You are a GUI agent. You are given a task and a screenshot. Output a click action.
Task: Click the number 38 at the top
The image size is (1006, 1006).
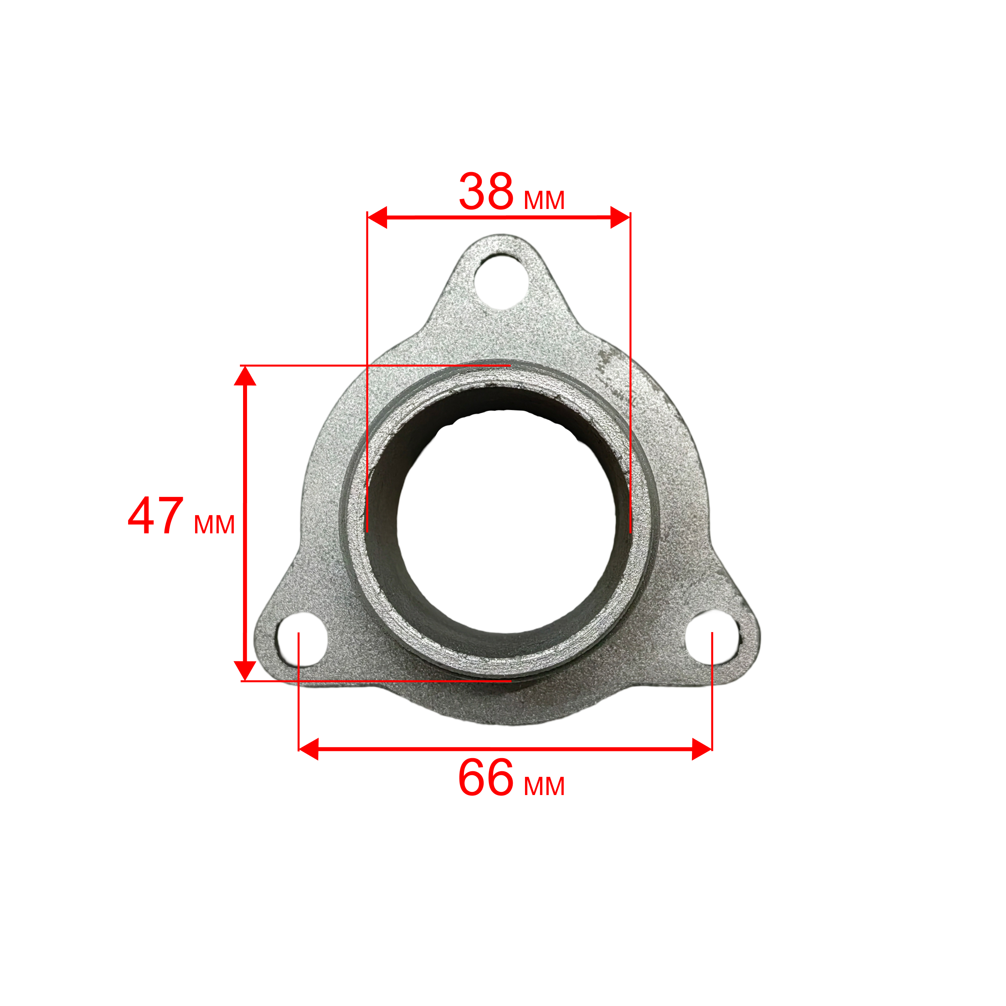[x=486, y=191]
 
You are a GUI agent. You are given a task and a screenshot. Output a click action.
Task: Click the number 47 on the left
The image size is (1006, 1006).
[x=156, y=515]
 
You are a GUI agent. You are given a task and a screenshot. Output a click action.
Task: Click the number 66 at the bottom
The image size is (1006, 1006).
[x=486, y=778]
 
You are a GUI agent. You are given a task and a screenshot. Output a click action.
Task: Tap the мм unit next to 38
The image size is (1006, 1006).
[x=544, y=201]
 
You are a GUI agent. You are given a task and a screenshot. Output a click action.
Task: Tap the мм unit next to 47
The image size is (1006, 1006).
[x=214, y=525]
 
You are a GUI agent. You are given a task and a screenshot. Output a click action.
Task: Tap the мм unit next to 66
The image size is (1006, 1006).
[x=544, y=787]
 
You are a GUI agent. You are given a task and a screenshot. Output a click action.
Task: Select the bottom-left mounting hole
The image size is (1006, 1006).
[x=301, y=640]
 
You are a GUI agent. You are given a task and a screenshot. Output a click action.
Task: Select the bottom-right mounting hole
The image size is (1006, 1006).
[x=712, y=638]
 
